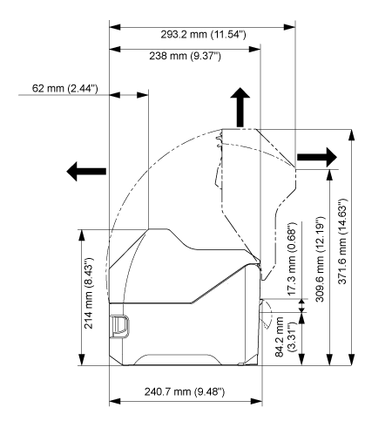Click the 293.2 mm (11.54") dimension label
(203, 35)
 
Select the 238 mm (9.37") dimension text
(185, 56)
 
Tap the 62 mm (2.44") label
(64, 88)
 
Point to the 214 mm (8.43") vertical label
(88, 293)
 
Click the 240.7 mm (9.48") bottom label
(185, 391)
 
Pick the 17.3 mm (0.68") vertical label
(292, 259)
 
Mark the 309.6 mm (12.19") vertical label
(320, 259)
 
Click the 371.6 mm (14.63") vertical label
(342, 241)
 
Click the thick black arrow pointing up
(240, 107)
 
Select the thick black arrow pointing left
(86, 171)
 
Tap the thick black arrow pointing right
(317, 157)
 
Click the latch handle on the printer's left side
(120, 327)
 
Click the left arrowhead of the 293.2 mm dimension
(115, 27)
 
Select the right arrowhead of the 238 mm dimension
(254, 49)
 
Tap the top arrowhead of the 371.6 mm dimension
(351, 135)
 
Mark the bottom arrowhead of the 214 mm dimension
(82, 359)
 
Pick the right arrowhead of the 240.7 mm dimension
(256, 402)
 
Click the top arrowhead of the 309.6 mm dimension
(330, 175)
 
